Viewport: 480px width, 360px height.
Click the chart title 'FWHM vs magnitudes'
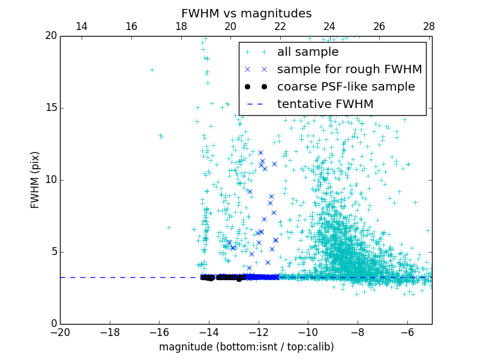[x=246, y=13]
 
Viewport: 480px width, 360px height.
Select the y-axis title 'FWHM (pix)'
[x=35, y=180]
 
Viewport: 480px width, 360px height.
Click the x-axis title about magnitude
[x=246, y=347]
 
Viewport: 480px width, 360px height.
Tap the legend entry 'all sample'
[x=307, y=52]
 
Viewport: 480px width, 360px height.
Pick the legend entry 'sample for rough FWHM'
[x=349, y=70]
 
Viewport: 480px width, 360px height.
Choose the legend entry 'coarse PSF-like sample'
[x=346, y=87]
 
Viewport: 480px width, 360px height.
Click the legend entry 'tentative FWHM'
[x=325, y=104]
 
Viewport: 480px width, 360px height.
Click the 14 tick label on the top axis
[x=82, y=26]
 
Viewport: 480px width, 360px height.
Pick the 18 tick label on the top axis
[x=181, y=26]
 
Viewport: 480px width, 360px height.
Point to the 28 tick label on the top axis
[x=428, y=26]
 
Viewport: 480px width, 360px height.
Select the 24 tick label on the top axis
[x=329, y=26]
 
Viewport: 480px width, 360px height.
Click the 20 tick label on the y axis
[x=50, y=36]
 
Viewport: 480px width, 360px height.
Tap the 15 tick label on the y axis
[x=50, y=108]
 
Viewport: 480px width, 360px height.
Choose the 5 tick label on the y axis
[x=53, y=252]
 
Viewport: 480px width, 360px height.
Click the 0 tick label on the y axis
[x=53, y=324]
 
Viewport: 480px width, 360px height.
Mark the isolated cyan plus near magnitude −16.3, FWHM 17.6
[x=152, y=70]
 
